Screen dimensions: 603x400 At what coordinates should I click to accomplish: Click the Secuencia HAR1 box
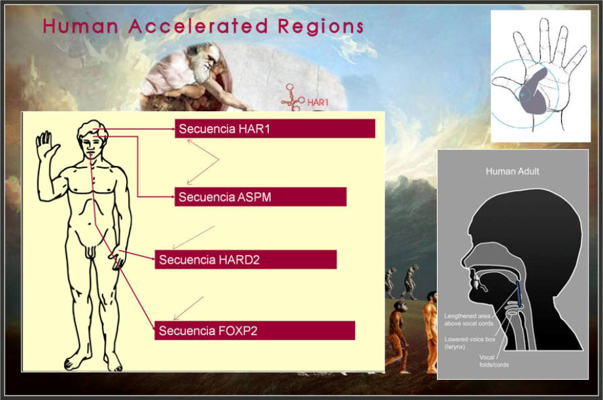pos(275,128)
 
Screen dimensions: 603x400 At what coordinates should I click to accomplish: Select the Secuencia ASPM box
pos(260,197)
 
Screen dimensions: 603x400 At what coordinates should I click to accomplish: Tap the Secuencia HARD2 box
pos(246,259)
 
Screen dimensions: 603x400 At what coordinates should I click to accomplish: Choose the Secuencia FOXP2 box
pos(254,331)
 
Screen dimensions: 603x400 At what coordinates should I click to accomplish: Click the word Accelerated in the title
pos(198,26)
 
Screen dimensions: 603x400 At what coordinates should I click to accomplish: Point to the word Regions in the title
pos(320,27)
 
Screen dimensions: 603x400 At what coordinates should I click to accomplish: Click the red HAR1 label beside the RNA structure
pos(318,102)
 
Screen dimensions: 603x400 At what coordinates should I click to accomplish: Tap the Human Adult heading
pos(512,171)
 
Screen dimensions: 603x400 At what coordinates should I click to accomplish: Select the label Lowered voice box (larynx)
pos(470,342)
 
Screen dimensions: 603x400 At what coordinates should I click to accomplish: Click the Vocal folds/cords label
pos(494,361)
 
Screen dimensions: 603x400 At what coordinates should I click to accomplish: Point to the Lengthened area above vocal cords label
pos(468,320)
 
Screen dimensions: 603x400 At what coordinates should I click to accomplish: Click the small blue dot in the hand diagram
pos(522,94)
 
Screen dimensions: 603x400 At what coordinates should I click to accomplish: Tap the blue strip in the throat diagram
pos(519,294)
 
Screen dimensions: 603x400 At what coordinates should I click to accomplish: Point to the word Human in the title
pos(80,26)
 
